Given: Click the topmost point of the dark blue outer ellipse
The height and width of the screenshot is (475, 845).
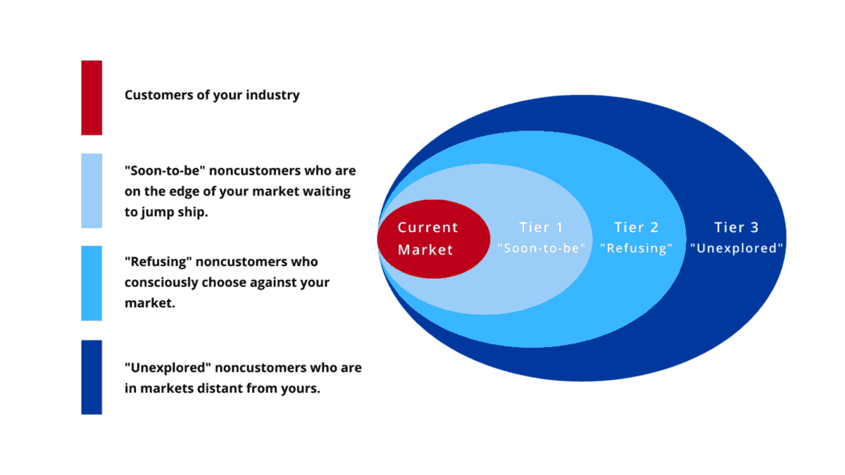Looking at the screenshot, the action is point(583,95).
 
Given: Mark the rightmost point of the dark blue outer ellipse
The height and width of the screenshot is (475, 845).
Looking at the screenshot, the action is point(787,239).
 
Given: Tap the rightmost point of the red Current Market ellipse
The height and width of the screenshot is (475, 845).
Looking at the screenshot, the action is point(490,239).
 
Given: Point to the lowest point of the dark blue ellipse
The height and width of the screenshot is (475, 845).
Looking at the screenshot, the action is point(583,381).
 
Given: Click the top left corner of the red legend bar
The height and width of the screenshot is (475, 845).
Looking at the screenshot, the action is point(82,61).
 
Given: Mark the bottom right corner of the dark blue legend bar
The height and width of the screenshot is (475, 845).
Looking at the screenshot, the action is point(102,414).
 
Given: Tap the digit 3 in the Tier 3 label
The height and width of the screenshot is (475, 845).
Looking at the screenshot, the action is point(754,227).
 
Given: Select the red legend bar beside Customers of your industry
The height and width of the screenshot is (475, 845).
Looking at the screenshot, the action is point(92,98).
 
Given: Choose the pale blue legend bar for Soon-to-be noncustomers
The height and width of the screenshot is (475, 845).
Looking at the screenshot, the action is point(92,191).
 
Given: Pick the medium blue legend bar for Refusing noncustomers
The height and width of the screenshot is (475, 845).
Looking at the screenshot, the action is point(92,283).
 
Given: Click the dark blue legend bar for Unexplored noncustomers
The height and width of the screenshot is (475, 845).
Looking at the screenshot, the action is point(92,377).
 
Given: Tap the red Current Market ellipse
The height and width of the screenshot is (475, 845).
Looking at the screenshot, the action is point(434,239).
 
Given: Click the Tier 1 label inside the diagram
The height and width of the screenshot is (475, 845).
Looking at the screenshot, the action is point(541,227).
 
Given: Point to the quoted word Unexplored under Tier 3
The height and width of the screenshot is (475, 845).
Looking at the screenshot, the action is point(737,248).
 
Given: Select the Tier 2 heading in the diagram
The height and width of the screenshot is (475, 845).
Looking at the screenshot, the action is point(636,227).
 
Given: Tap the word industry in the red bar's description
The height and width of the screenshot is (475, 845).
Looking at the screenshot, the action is point(273,95).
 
